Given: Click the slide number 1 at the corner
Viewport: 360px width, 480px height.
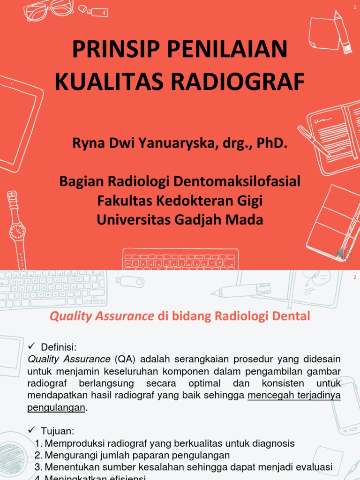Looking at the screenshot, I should [355, 7].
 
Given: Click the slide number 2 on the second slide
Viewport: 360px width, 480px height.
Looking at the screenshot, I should [355, 277].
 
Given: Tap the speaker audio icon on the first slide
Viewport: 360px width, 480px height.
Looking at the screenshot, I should [341, 253].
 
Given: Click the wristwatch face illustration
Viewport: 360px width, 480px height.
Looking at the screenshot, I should [17, 231].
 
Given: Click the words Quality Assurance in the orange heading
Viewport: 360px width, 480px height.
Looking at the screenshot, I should [102, 316].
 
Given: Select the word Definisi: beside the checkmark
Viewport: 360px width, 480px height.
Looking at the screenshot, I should [59, 347].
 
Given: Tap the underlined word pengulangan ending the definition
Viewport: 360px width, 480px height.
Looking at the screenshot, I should [56, 407].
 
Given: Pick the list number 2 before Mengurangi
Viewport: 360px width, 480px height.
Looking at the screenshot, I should [38, 455].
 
